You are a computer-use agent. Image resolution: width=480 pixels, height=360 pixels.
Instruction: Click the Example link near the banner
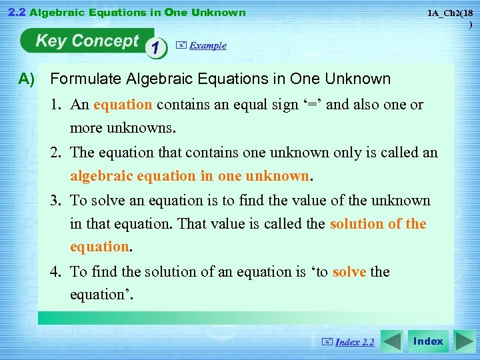[207, 45]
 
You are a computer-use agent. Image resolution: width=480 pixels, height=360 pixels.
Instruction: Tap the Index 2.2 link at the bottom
[354, 342]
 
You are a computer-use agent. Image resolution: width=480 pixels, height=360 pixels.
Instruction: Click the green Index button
[427, 341]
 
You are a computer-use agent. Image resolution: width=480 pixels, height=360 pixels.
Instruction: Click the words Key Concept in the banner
[87, 41]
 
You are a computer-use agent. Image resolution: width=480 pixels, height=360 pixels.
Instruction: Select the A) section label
[27, 79]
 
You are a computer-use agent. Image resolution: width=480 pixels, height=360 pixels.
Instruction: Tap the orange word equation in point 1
[123, 105]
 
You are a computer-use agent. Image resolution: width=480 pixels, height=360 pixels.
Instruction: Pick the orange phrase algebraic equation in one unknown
[190, 177]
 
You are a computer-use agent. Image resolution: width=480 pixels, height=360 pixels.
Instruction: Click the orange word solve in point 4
[349, 272]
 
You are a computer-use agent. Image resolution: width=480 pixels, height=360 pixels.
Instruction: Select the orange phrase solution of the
[377, 224]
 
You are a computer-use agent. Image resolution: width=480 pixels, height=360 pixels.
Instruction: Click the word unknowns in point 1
[134, 128]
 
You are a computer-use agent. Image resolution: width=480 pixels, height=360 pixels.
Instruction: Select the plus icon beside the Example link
[181, 45]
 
